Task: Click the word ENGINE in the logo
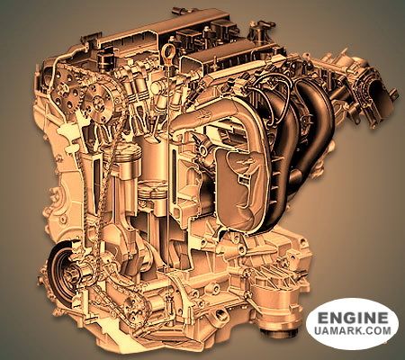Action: pyautogui.click(x=353, y=318)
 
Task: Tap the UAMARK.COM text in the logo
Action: pyautogui.click(x=353, y=330)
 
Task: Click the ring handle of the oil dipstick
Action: pyautogui.click(x=166, y=50)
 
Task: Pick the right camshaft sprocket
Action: pyautogui.click(x=99, y=102)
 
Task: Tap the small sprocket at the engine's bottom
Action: pyautogui.click(x=134, y=310)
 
